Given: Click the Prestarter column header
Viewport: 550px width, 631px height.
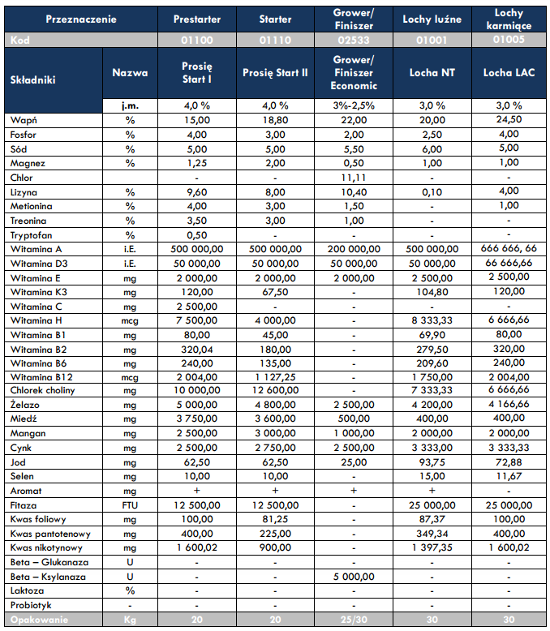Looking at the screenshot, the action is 197,19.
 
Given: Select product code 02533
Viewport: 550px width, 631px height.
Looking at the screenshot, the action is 354,40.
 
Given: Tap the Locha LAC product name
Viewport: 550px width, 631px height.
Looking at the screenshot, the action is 509,72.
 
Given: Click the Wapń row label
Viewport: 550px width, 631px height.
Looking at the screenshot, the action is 24,120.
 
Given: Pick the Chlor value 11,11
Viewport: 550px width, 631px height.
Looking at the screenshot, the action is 354,178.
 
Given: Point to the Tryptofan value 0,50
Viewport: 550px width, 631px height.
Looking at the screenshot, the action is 197,235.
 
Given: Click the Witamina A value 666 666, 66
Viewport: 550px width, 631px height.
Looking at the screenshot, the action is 509,248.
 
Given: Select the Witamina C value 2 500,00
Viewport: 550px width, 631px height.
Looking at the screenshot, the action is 197,307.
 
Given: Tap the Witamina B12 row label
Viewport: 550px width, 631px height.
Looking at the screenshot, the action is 41,377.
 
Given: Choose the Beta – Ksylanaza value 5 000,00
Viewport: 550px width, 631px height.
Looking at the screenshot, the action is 354,577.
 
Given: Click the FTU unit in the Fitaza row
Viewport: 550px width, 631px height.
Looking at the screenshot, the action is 130,505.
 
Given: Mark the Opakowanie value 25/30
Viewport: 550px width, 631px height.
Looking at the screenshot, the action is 354,620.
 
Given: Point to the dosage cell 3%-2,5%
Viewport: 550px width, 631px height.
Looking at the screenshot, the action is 354,105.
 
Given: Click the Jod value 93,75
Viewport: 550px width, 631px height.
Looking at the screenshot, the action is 432,462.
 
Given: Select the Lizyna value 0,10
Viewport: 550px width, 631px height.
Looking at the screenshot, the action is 432,192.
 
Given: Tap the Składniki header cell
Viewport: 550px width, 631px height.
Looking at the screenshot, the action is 32,79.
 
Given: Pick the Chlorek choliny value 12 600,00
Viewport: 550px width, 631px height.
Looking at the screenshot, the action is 275,390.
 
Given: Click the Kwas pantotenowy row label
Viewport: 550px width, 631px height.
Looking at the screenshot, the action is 50,534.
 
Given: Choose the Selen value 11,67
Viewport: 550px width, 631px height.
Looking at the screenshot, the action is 509,476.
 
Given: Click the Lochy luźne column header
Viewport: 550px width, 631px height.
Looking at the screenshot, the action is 432,19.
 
